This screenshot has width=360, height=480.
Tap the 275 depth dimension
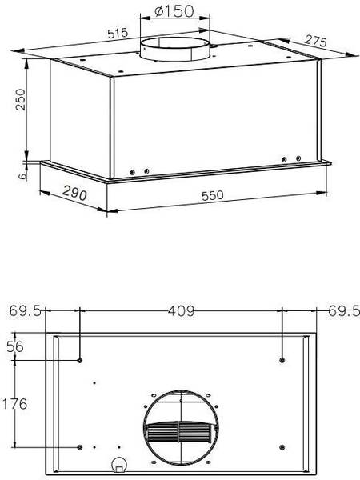314,41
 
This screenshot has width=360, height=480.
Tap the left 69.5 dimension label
25,311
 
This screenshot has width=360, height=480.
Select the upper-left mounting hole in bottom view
81,360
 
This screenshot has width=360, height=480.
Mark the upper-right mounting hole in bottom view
283,360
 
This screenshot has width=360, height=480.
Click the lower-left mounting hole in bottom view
81,446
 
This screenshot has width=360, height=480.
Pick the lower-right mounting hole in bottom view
283,446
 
